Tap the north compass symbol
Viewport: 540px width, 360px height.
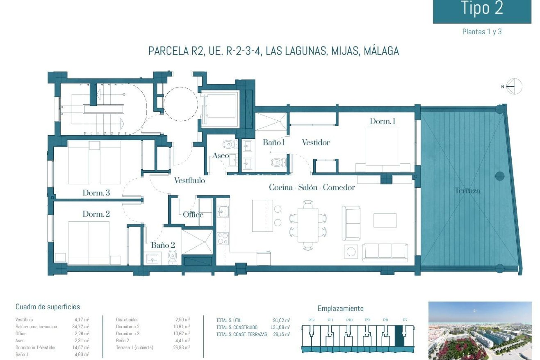click(x=514, y=86)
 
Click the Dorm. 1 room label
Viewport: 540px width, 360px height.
click(x=382, y=121)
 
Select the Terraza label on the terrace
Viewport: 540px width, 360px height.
click(x=467, y=191)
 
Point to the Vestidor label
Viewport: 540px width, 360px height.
click(x=316, y=142)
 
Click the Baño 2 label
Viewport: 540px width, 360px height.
click(x=163, y=245)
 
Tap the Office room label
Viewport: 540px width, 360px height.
click(x=193, y=215)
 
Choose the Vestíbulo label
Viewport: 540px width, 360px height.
click(x=189, y=180)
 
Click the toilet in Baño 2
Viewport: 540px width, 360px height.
click(x=172, y=257)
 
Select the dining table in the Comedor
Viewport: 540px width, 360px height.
click(x=308, y=225)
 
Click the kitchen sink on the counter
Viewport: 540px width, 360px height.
click(x=223, y=211)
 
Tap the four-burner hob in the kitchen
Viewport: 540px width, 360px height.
click(x=223, y=238)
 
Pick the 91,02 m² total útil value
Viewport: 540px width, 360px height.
click(x=281, y=320)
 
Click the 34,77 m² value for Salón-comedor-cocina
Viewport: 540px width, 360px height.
click(x=80, y=327)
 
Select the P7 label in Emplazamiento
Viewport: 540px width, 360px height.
click(x=405, y=320)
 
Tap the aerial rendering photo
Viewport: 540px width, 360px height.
click(x=480, y=330)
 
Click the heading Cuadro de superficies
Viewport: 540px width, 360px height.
click(x=48, y=307)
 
